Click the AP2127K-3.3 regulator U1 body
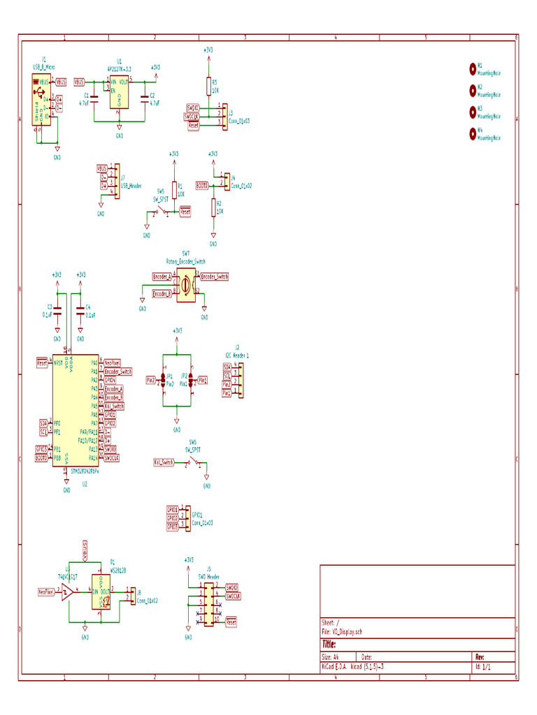pos(119,93)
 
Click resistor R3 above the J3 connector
pos(208,86)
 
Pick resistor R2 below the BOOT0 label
pos(213,207)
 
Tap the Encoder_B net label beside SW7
pos(162,294)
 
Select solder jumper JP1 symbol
pos(162,380)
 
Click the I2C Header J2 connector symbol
pos(238,380)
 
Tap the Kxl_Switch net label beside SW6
pos(164,462)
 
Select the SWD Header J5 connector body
pos(209,603)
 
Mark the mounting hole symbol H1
pos(473,68)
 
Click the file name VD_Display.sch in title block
pos(348,632)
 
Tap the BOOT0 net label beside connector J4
pos(201,186)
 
